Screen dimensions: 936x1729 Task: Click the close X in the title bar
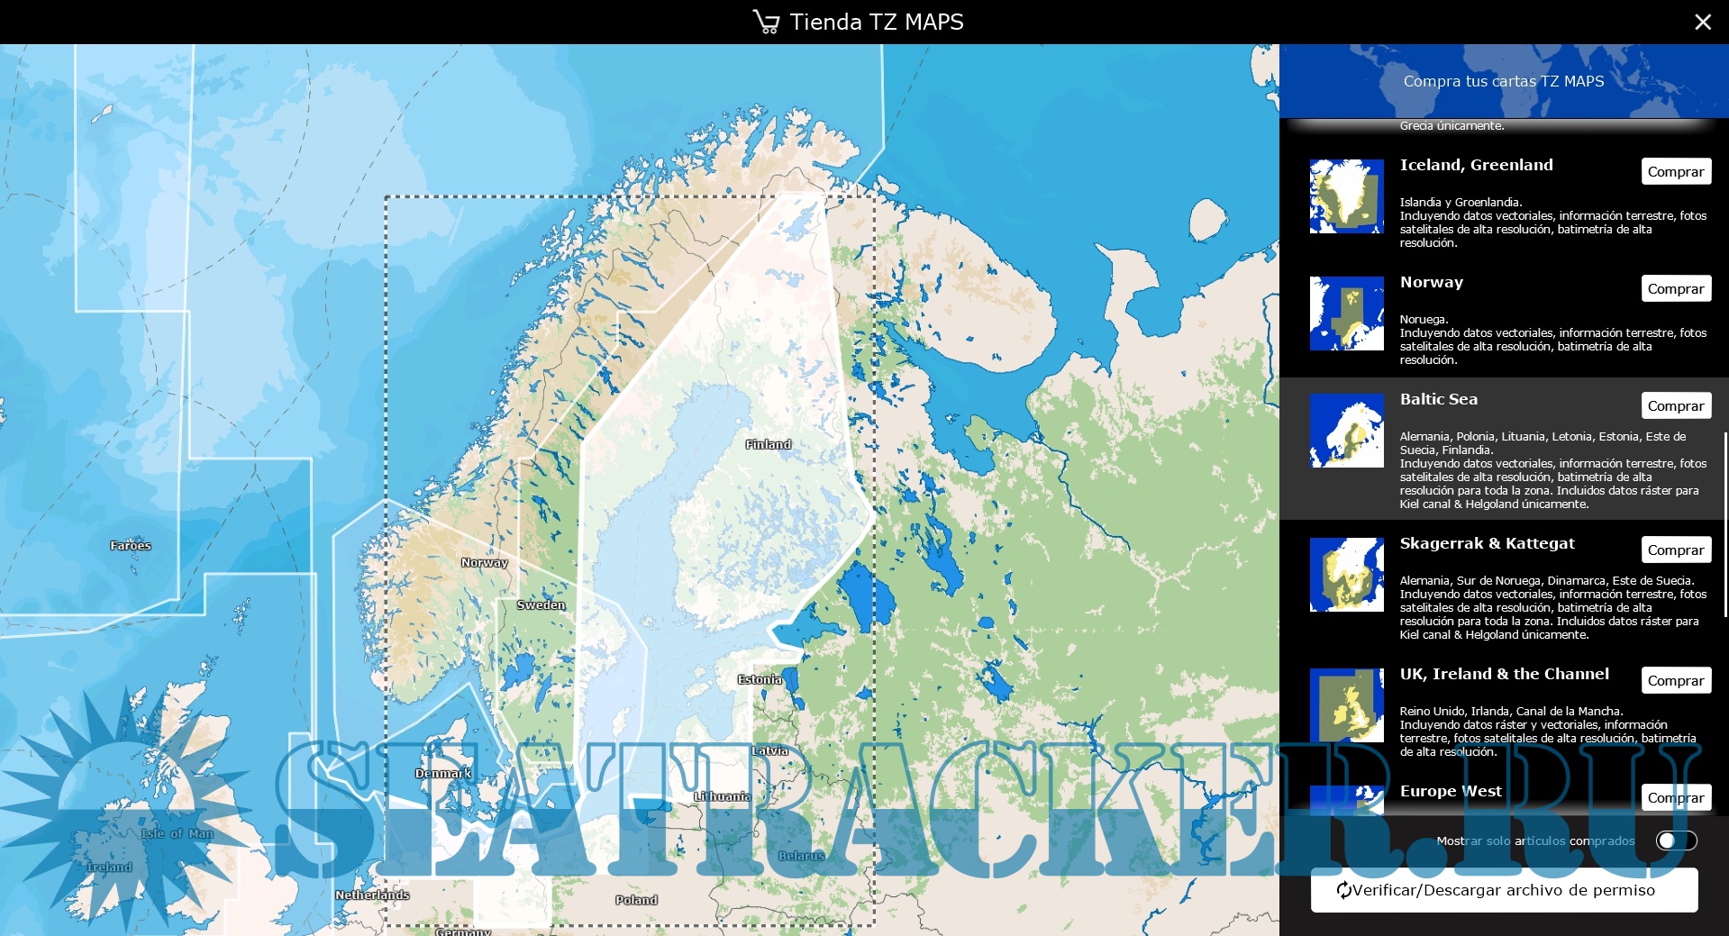coord(1702,22)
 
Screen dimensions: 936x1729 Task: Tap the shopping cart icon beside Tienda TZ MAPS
coord(766,22)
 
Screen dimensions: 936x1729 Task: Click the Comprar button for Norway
coord(1675,288)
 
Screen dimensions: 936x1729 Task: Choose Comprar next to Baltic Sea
coord(1675,405)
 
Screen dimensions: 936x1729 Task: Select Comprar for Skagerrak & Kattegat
coord(1675,550)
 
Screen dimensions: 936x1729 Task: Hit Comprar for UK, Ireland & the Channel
coord(1675,680)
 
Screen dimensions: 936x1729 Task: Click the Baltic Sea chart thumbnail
coord(1346,431)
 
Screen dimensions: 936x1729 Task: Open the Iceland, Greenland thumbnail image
coord(1346,196)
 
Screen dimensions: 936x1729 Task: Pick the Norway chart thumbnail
coord(1346,314)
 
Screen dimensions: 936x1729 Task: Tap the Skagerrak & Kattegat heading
coord(1487,543)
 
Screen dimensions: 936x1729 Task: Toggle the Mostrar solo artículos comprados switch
coord(1676,841)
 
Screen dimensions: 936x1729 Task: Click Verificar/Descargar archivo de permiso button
coord(1504,890)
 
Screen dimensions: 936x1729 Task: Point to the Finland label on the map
coord(769,444)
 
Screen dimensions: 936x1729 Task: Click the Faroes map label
coord(131,545)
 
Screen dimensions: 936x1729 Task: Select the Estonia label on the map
coord(760,679)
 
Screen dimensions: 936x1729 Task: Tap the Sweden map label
coord(541,605)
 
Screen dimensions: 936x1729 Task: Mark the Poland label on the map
coord(636,900)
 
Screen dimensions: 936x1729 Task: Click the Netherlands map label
coord(372,895)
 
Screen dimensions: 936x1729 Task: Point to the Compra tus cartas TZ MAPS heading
coord(1503,81)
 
